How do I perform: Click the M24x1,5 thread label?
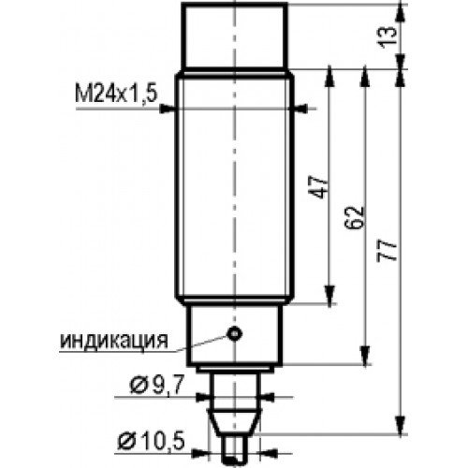click(x=115, y=94)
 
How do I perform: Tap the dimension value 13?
click(x=388, y=37)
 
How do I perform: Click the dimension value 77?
click(x=388, y=251)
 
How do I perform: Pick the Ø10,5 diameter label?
click(x=152, y=441)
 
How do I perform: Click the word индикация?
click(x=114, y=341)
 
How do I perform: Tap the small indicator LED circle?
click(x=234, y=333)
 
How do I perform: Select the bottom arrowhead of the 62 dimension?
click(x=365, y=355)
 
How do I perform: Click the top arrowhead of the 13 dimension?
click(x=401, y=13)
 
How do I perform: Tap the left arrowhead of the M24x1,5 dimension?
click(x=167, y=109)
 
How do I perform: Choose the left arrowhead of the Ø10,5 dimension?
click(x=200, y=453)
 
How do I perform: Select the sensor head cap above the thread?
click(x=234, y=36)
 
